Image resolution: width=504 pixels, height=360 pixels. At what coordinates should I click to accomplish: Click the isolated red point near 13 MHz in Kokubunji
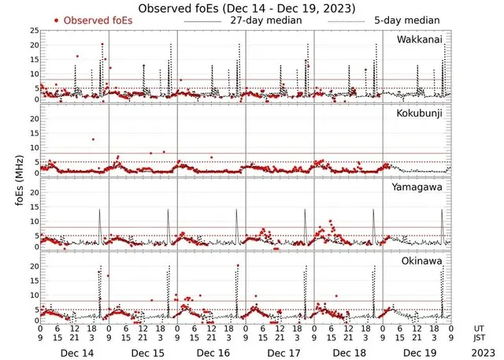[93, 139]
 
